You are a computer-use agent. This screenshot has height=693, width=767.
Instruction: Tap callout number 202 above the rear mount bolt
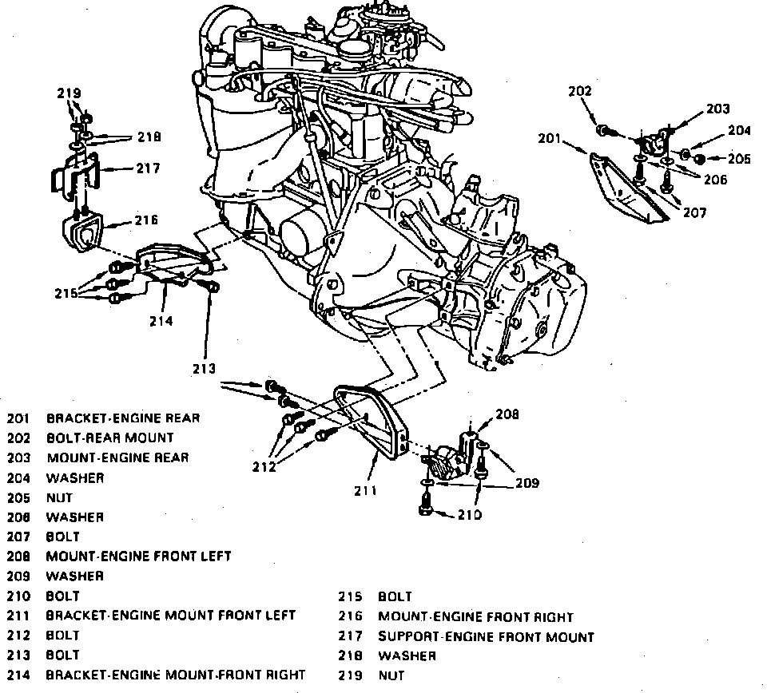click(x=579, y=92)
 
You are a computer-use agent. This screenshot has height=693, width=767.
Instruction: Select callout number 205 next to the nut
click(x=740, y=159)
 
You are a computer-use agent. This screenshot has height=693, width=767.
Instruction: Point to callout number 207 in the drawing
click(x=694, y=214)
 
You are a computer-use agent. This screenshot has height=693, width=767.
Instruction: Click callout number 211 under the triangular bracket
click(x=365, y=489)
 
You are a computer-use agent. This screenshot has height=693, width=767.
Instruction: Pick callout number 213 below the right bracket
click(x=205, y=368)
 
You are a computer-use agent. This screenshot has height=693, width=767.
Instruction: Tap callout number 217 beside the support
click(x=147, y=168)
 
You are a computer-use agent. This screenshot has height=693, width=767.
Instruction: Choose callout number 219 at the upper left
click(x=68, y=94)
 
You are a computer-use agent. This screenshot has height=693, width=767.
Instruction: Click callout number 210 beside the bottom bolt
click(x=471, y=514)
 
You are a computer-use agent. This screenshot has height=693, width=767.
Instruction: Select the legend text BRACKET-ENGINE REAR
click(x=123, y=418)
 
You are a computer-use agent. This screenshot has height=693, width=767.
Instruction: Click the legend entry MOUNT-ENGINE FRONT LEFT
click(x=138, y=556)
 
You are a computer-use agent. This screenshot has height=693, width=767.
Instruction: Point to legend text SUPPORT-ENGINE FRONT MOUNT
click(x=486, y=636)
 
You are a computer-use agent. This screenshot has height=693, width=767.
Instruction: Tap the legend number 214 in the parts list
click(x=18, y=675)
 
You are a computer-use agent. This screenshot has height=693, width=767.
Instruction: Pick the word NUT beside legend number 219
click(x=391, y=675)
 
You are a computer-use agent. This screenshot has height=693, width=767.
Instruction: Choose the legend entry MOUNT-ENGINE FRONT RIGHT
click(x=475, y=616)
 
